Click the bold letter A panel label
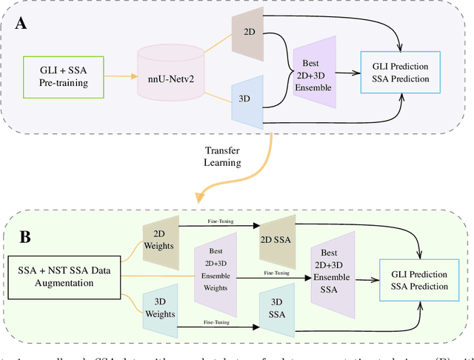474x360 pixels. click(x=22, y=22)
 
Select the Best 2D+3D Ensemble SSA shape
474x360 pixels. click(x=333, y=272)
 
